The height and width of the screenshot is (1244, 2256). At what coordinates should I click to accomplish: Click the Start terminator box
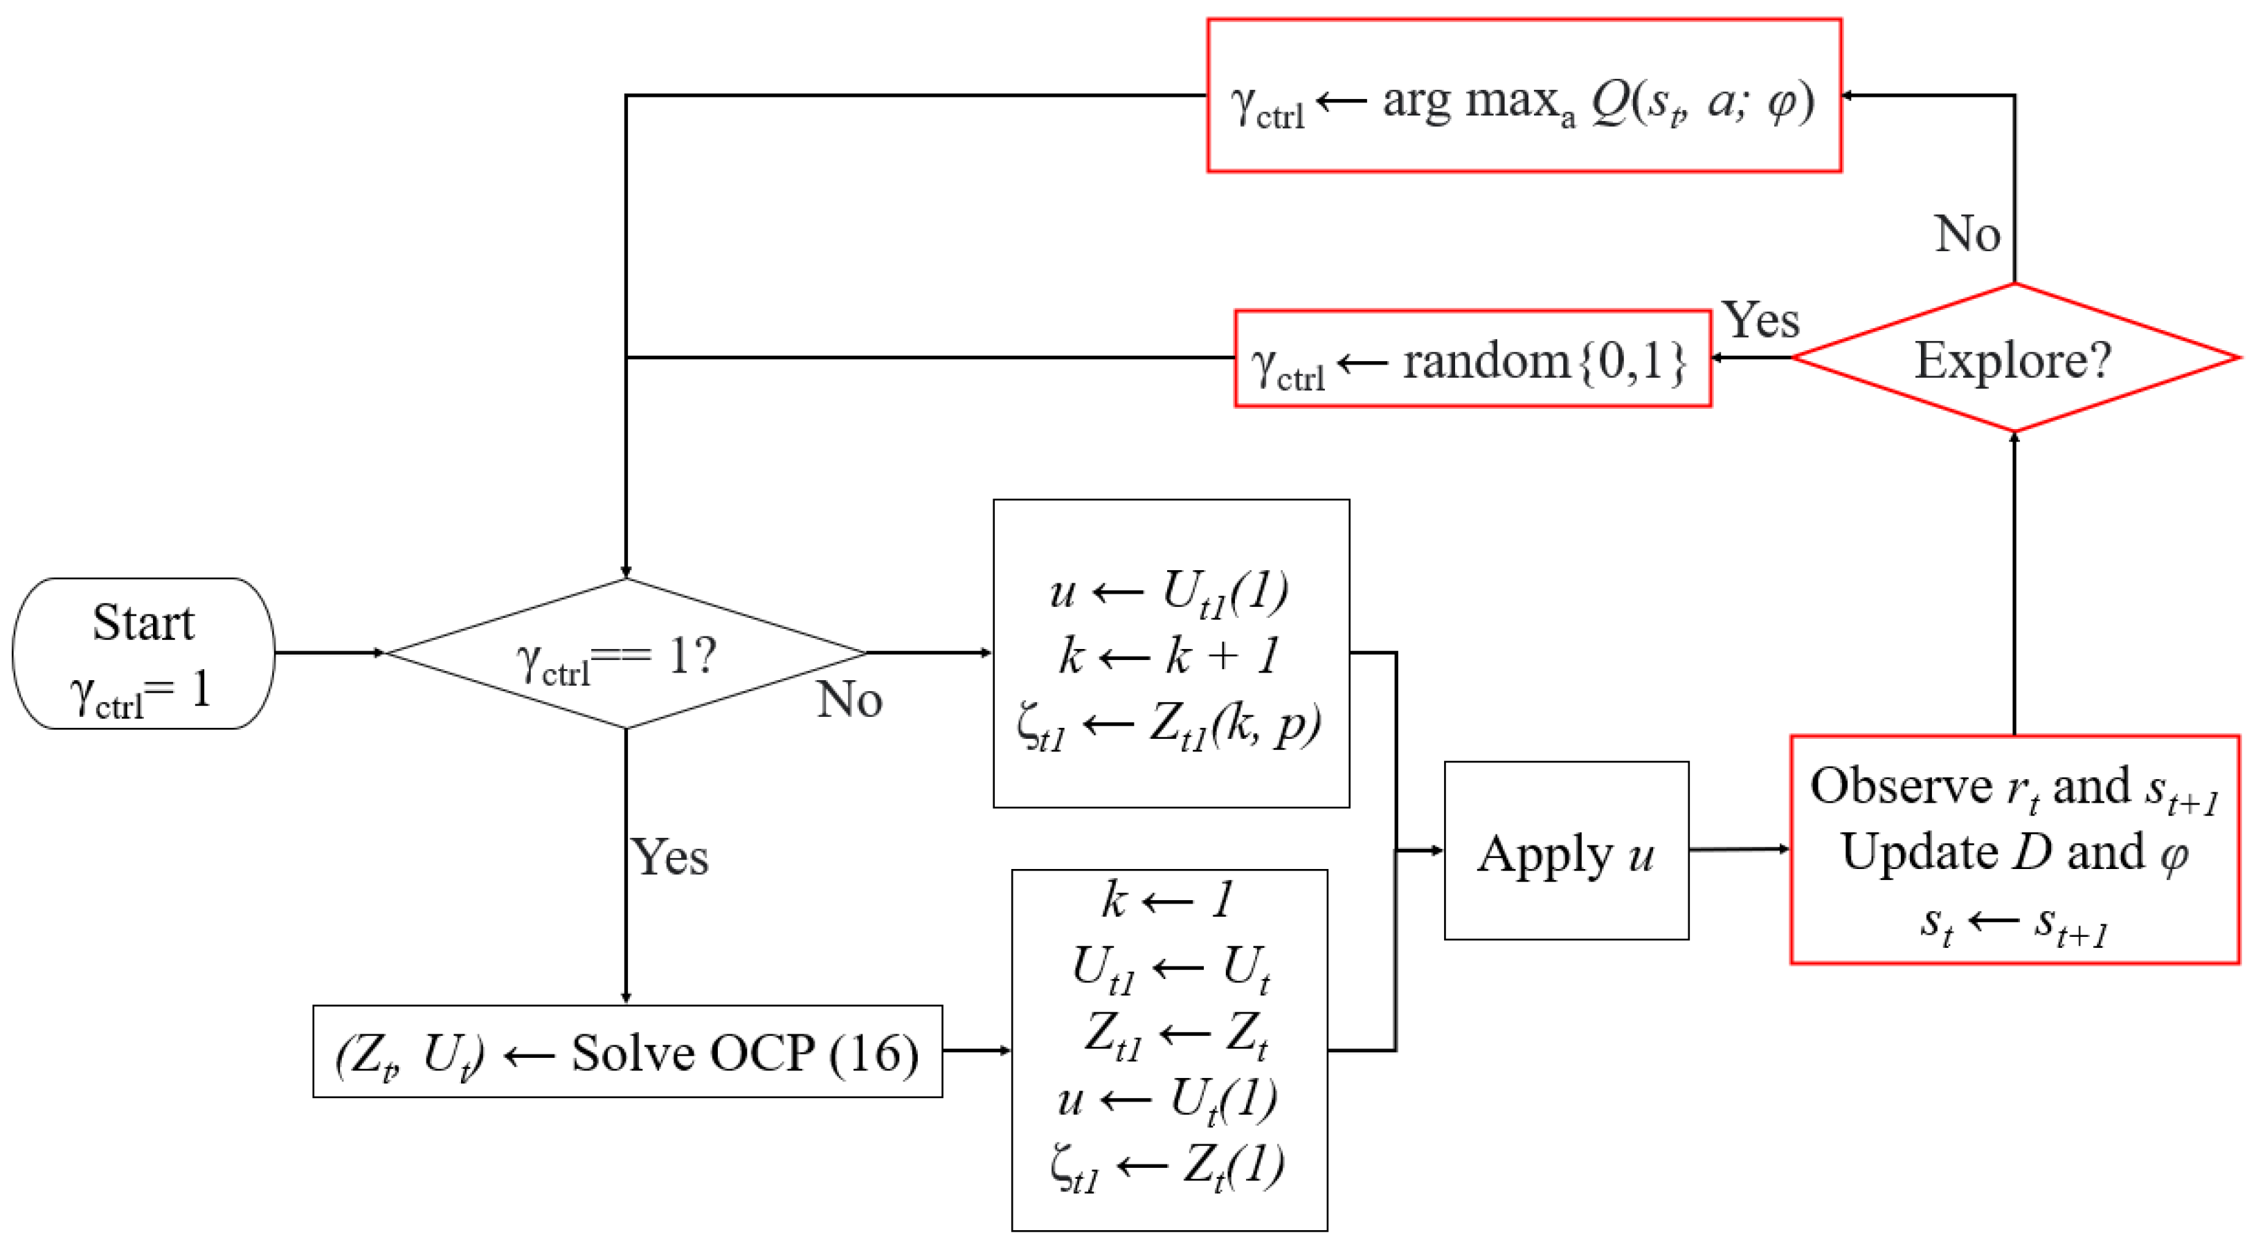pos(143,653)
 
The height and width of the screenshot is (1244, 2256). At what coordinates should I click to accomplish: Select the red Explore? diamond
pos(2014,358)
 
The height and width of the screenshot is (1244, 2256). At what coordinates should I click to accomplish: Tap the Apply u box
pos(1566,851)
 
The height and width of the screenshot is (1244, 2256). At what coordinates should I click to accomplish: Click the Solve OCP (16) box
pos(627,1052)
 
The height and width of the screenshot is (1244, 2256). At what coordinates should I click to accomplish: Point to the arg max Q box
pos(1524,95)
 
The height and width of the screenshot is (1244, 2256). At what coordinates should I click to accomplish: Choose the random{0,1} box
pos(1472,359)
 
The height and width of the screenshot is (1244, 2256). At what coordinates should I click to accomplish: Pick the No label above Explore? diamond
pos(1967,234)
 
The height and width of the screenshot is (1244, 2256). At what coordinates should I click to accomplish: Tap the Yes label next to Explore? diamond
pos(1761,320)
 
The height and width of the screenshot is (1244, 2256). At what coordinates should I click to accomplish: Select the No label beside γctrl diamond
pos(849,699)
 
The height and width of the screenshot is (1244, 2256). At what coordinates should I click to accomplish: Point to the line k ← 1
pos(1168,899)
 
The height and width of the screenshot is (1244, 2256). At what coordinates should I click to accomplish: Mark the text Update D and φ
pos(2014,852)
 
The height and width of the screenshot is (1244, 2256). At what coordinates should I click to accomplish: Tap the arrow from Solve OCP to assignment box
pos(977,1050)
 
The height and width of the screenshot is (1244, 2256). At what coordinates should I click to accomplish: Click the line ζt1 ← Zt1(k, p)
pos(1170,726)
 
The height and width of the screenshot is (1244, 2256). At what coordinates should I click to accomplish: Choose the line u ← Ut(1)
pos(1168,1099)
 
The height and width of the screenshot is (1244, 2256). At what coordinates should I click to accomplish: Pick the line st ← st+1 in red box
pos(2014,923)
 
